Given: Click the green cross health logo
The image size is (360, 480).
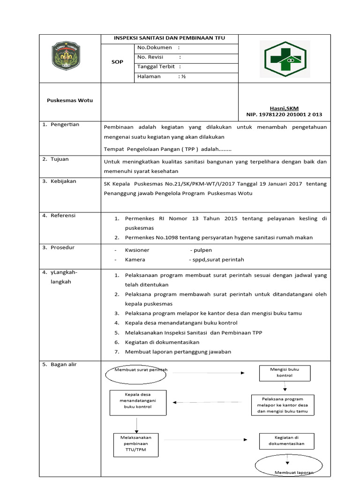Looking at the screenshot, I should tap(285, 59).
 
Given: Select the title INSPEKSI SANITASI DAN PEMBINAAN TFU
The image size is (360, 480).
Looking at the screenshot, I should tap(169, 38).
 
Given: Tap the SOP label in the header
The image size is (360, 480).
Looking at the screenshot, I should tap(117, 62).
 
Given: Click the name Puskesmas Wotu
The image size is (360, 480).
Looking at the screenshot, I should tap(70, 100).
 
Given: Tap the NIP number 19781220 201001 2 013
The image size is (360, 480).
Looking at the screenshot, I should tap(284, 114).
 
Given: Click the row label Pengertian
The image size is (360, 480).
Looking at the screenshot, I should tap(65, 125).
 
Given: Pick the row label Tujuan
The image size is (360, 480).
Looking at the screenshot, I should tap(60, 159).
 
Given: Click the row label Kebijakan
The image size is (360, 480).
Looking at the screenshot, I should tap(63, 181).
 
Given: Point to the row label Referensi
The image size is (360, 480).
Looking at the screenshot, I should tap(63, 216).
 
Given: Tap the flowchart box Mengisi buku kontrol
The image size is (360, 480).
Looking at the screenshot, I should tap(284, 373).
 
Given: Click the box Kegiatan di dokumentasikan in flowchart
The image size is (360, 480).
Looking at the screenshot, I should tap(286, 441).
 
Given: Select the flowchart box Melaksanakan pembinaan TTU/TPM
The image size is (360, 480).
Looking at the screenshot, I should tap(136, 444).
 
